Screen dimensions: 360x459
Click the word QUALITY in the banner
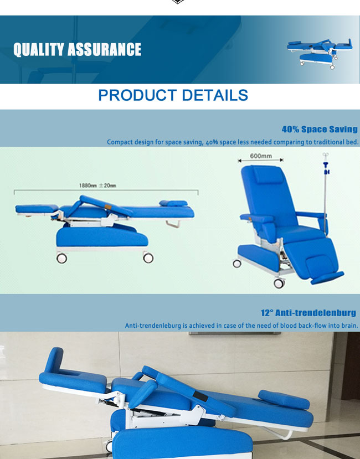pos(39,49)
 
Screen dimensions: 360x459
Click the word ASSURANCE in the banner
pos(104,49)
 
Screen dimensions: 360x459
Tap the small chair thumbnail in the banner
pos(320,54)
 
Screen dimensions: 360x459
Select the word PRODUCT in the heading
pos(137,95)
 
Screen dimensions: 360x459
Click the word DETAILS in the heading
pos(215,95)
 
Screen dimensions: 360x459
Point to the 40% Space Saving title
pos(320,129)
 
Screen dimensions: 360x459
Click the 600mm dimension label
pos(261,156)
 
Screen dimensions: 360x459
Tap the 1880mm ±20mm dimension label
pos(97,185)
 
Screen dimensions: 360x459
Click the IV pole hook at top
pos(326,154)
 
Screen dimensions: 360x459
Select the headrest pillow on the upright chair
pos(268,174)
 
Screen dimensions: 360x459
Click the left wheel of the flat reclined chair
pos(61,258)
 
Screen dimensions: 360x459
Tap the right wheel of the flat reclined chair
pos(148,257)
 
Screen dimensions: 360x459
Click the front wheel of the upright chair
pos(279,283)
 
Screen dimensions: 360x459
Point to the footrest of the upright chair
pos(327,278)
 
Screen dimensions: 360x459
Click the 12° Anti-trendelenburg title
pos(308,313)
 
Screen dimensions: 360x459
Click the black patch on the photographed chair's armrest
pos(200,396)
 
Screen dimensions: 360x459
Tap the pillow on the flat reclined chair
pos(173,203)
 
